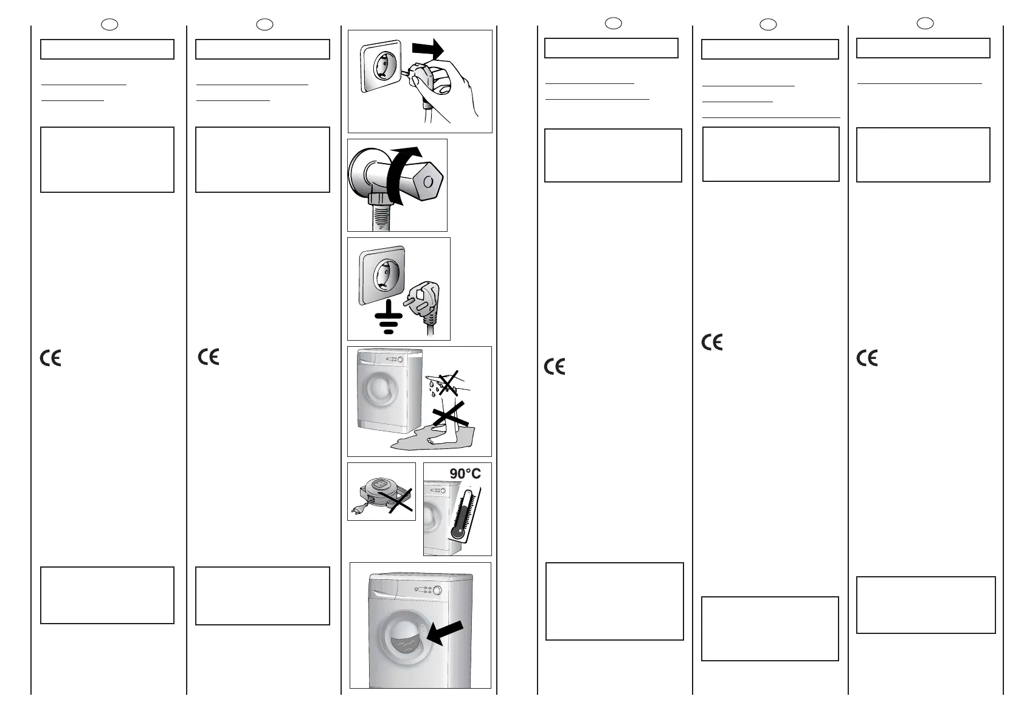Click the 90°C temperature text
coord(465,473)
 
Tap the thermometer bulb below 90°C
coord(457,532)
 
